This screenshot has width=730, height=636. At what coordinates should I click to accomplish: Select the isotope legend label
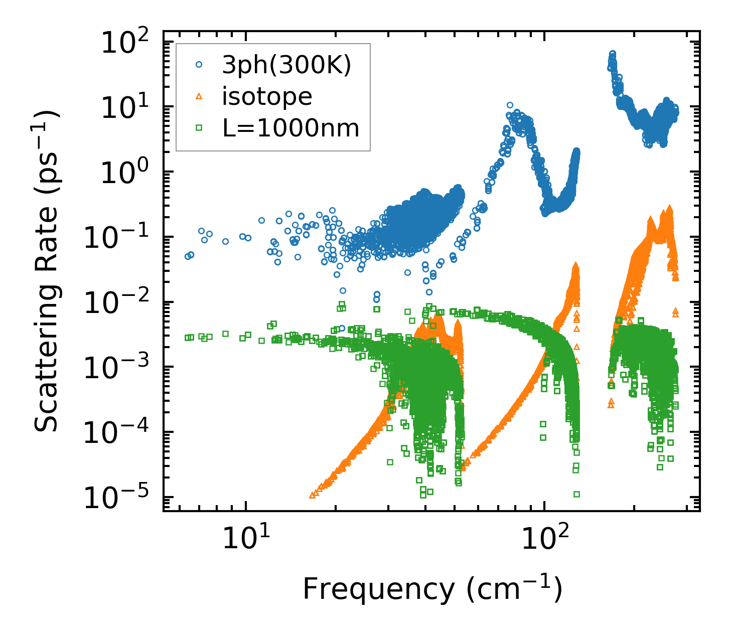pos(267,96)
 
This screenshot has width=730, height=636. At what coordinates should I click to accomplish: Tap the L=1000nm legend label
pos(291,128)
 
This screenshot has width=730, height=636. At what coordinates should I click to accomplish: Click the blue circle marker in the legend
pos(199,65)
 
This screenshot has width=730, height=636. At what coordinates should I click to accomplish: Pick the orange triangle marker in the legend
pos(199,96)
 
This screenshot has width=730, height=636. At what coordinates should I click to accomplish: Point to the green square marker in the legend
pos(199,128)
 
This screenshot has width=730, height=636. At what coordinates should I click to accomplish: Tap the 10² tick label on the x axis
pos(544,540)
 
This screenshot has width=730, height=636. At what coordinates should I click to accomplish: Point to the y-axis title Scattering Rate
pos(48,271)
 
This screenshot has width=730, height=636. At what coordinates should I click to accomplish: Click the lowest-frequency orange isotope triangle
pos(312,495)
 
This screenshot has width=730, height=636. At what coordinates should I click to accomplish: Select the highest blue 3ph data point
pos(613,53)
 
